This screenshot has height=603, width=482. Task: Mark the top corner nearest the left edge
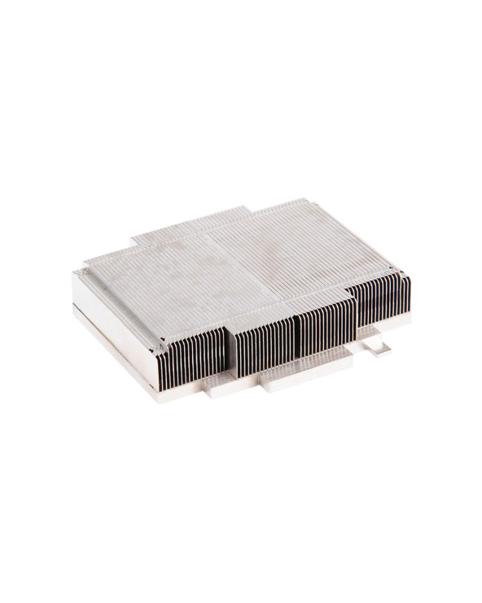pyautogui.click(x=77, y=272)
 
